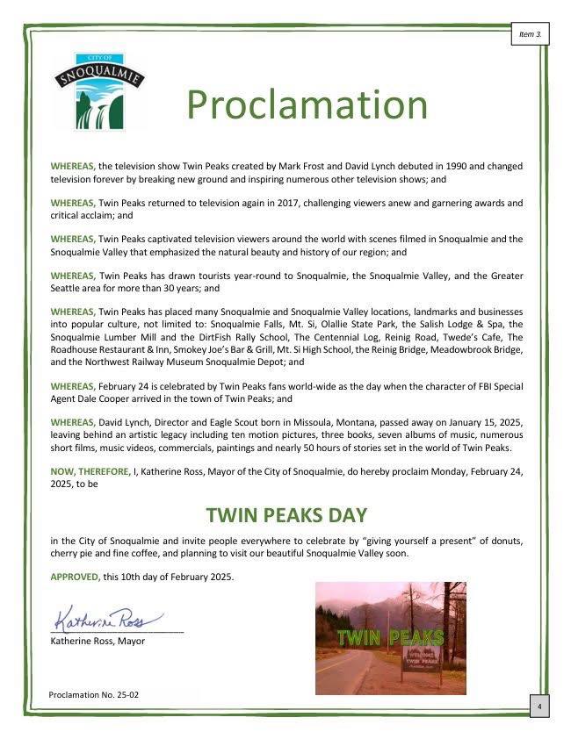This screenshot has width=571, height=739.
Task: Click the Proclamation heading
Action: [307, 104]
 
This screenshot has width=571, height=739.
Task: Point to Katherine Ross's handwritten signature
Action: [109, 616]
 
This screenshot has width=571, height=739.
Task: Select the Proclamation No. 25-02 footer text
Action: [94, 694]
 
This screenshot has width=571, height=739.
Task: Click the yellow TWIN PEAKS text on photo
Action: [391, 637]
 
